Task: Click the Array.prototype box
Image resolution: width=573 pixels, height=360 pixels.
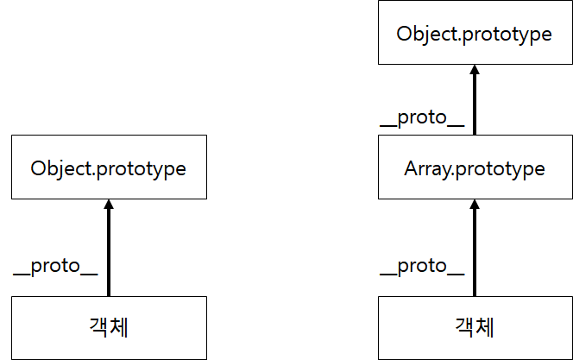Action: click(475, 167)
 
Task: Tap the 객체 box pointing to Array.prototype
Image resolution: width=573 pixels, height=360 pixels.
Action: click(475, 328)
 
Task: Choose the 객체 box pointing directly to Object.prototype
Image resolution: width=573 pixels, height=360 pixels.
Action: click(109, 328)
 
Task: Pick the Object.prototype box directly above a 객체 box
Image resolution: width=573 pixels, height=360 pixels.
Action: click(109, 167)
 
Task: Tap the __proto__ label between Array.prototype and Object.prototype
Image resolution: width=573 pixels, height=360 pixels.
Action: click(422, 119)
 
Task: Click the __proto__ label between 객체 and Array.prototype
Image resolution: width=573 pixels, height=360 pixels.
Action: click(422, 266)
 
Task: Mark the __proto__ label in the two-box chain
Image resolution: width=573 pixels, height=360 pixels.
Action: click(55, 266)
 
